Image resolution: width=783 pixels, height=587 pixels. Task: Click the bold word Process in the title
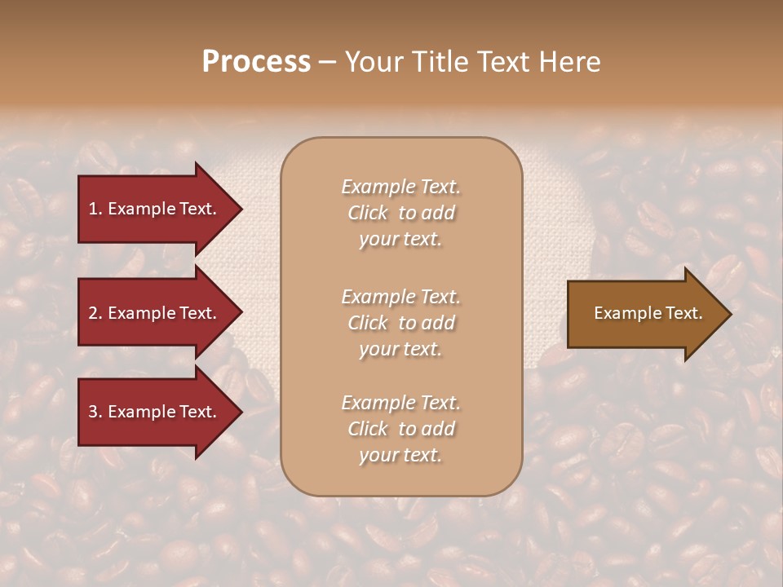pyautogui.click(x=256, y=62)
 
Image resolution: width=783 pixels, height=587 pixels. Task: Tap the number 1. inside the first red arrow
pyautogui.click(x=95, y=209)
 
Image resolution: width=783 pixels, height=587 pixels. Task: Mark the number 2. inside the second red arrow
pyautogui.click(x=95, y=313)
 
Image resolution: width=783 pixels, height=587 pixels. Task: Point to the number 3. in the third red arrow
pyautogui.click(x=95, y=413)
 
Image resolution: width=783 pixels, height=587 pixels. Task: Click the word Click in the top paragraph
pyautogui.click(x=368, y=214)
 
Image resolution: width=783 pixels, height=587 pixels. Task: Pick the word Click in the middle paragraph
pyautogui.click(x=368, y=323)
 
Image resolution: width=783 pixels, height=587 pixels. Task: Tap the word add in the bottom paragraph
pyautogui.click(x=439, y=429)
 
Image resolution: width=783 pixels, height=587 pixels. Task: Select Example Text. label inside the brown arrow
pyautogui.click(x=648, y=313)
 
